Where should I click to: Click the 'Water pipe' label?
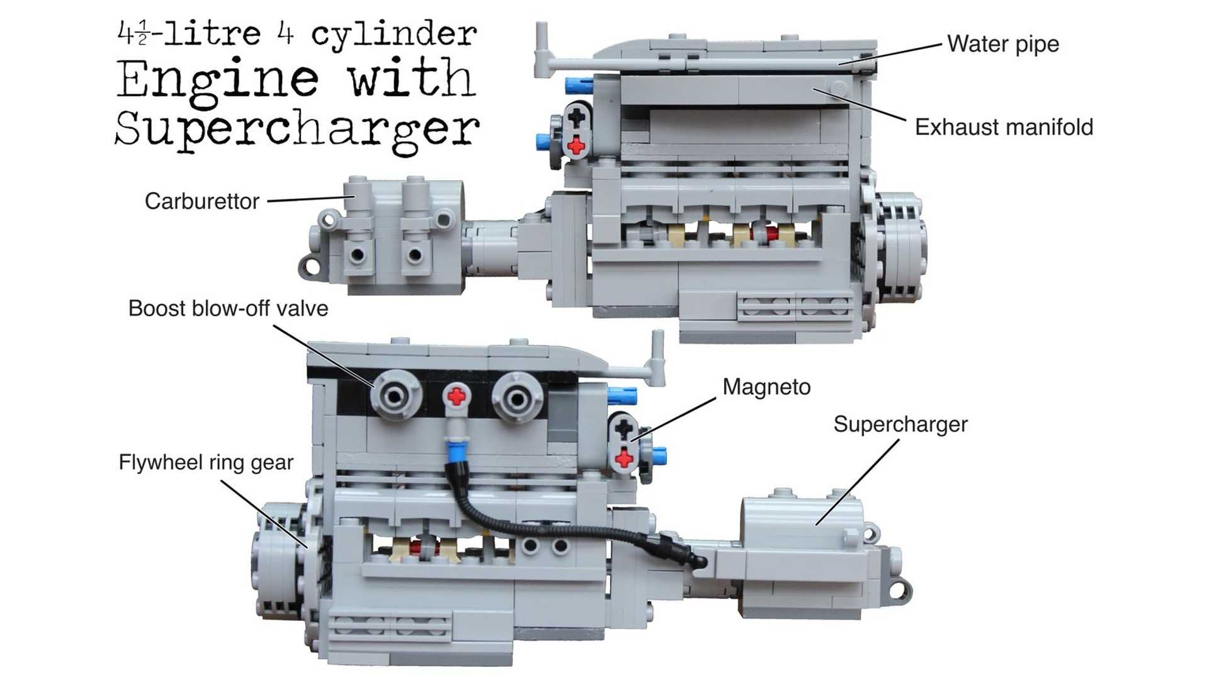click(x=1003, y=44)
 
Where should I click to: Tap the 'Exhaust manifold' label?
click(x=1004, y=127)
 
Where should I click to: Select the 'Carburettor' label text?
click(x=202, y=201)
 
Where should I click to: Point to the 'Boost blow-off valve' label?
click(x=228, y=309)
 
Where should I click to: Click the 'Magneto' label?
click(x=766, y=387)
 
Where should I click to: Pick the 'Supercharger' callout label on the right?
click(x=900, y=424)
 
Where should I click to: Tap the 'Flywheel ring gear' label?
click(x=206, y=463)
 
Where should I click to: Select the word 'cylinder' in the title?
click(x=394, y=35)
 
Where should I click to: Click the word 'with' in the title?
click(x=412, y=78)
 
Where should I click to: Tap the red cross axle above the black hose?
click(x=457, y=397)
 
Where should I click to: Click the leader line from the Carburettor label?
click(x=311, y=199)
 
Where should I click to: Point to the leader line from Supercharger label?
click(x=858, y=482)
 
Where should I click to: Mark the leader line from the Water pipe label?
click(x=890, y=54)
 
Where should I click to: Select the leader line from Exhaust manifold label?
click(x=859, y=105)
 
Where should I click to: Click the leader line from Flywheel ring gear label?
click(x=264, y=514)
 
